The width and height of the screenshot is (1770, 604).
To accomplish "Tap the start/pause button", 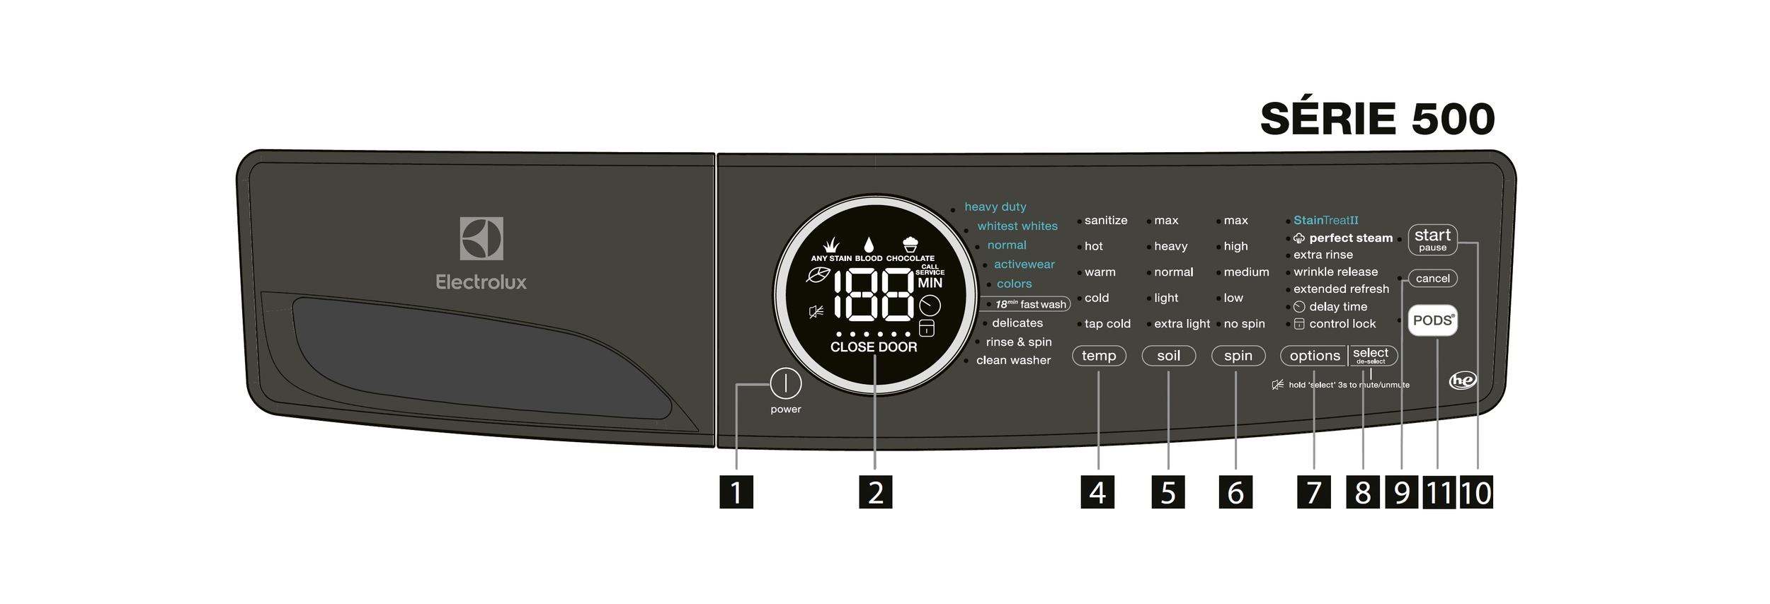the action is [1432, 239].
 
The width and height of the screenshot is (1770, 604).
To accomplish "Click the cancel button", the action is [1432, 278].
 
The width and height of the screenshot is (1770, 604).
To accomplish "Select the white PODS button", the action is [1432, 320].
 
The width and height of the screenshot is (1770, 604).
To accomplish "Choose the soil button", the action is [1168, 356].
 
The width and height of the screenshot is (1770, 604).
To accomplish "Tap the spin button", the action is [1238, 356].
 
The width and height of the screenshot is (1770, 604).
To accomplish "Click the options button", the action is [1314, 356].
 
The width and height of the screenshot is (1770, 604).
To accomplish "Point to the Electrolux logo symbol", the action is [481, 238].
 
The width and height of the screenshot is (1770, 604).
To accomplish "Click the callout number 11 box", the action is [1439, 492].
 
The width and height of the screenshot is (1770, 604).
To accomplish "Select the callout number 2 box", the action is [876, 492].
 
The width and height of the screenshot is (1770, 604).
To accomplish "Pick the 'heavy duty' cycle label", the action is [995, 207].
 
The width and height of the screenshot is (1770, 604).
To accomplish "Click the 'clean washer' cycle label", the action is [1013, 360].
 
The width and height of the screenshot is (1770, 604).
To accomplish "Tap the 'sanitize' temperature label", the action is [1105, 220].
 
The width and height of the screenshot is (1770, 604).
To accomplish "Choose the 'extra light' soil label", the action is [1182, 323].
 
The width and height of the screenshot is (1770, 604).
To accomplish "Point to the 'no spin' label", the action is [1244, 323].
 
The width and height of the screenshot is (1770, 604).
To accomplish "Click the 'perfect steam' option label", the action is [1350, 238].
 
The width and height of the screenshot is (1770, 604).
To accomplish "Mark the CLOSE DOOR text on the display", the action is [874, 347].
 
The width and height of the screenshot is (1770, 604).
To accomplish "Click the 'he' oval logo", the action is [1463, 381].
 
